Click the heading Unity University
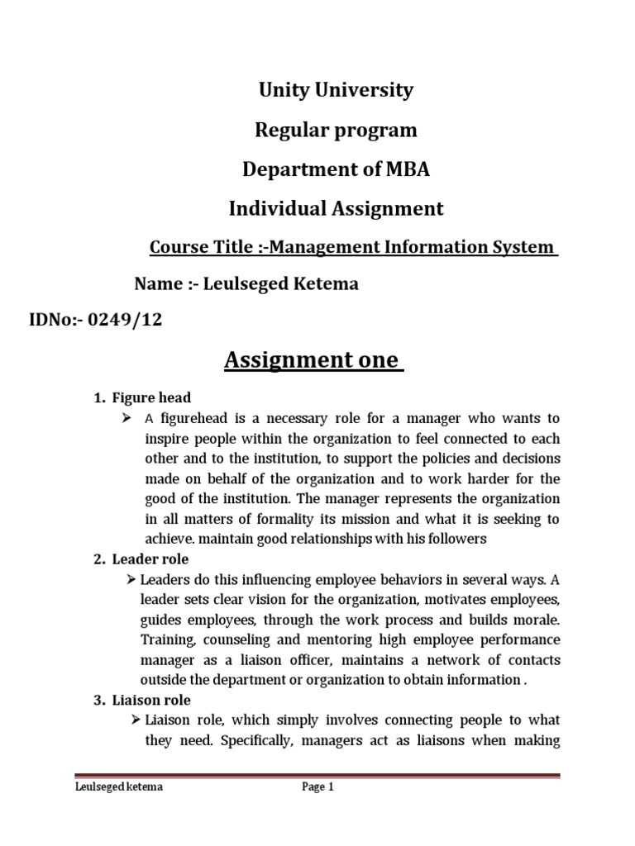coord(335,90)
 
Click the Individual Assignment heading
coord(336,209)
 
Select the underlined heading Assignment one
coord(313,361)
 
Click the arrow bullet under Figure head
coord(127,418)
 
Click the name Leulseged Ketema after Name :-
coord(289,285)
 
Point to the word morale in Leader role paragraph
coord(536,619)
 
